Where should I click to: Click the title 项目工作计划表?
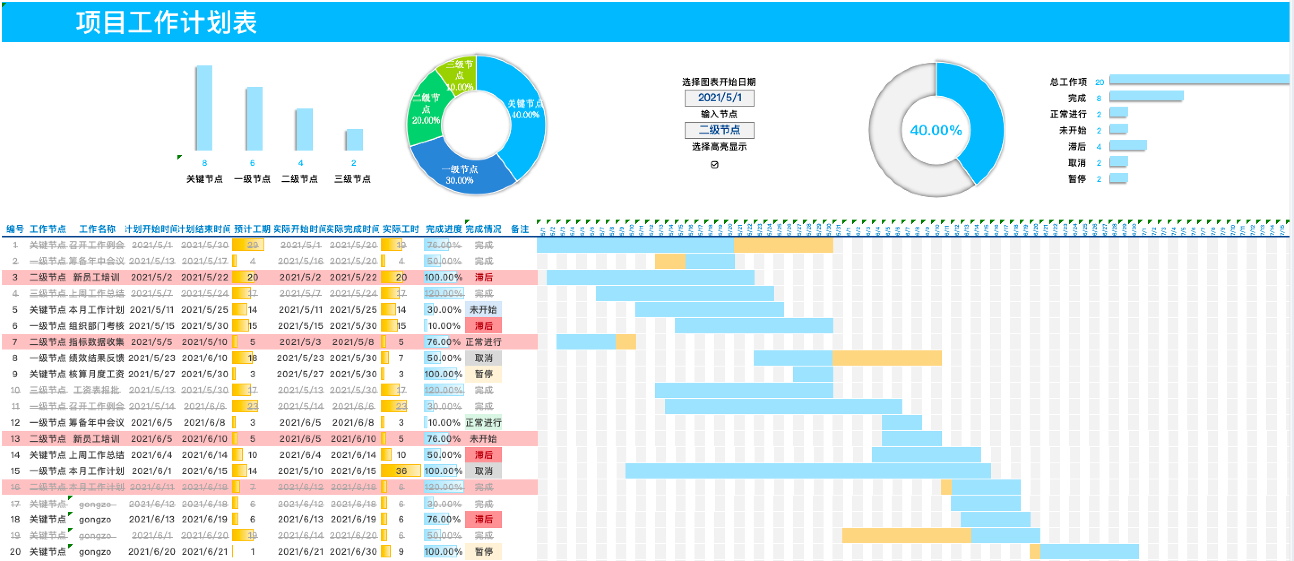(166, 22)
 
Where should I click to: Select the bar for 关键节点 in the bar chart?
(204, 108)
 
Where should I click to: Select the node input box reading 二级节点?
(719, 130)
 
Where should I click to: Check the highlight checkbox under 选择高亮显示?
(714, 165)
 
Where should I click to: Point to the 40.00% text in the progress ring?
(936, 130)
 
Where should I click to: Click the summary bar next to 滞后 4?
(1128, 146)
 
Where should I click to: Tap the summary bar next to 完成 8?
(1146, 96)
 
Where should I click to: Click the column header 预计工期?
(252, 229)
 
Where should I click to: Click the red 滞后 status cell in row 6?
(483, 326)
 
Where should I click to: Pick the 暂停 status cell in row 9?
(483, 374)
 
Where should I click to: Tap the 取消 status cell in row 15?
(483, 471)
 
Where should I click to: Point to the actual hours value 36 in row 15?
(401, 471)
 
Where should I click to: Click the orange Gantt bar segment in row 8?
(887, 358)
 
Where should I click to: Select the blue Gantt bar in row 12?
(901, 423)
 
